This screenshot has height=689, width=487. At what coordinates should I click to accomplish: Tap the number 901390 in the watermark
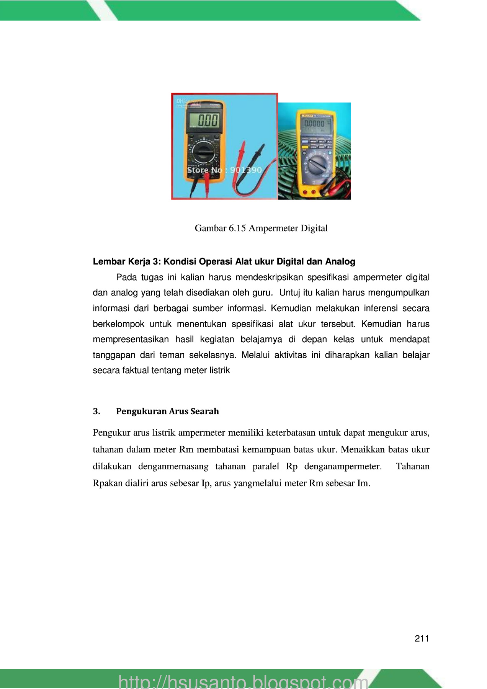pos(246,170)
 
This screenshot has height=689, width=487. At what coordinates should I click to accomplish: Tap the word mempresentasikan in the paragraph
pos(131,340)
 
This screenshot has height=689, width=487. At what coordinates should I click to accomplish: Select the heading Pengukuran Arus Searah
pos(167,411)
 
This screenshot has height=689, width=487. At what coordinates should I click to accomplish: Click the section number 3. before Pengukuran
pos(96,411)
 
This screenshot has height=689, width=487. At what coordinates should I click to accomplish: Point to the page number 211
pos(422,638)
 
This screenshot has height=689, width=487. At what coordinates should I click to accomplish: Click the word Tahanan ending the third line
pos(412,466)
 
